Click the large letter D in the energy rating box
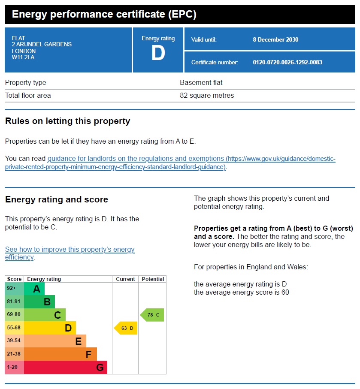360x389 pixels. (158, 54)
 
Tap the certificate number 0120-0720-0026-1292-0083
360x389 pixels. (287, 63)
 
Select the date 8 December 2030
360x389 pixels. (275, 39)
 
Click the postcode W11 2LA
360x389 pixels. (23, 57)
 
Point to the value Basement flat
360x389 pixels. (201, 83)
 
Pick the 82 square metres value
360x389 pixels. (207, 96)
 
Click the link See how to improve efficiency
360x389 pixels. (70, 253)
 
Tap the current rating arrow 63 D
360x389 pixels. (126, 328)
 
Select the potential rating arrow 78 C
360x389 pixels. (152, 315)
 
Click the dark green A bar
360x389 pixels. (34, 289)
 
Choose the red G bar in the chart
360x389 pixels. (65, 367)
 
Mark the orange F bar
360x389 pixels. (60, 354)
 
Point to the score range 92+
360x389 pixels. (12, 288)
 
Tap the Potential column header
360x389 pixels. (153, 279)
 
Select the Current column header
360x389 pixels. (125, 279)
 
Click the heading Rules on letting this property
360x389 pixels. (67, 121)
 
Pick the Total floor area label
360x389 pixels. (28, 96)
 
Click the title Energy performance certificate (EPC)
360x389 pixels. (104, 14)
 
